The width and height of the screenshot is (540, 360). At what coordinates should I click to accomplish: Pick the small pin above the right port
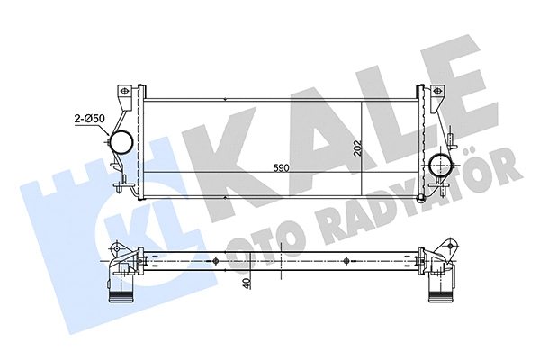(x=447, y=140)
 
